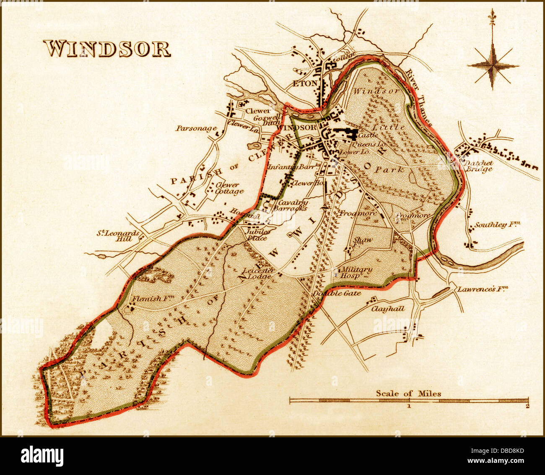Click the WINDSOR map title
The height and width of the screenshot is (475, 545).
coord(107,49)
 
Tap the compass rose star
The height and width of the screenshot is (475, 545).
coord(493,65)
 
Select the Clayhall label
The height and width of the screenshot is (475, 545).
coord(388,309)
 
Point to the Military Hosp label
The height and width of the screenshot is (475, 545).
coord(355,273)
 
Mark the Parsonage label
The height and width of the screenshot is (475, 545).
coord(196,128)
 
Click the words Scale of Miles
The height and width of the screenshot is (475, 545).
coord(408,393)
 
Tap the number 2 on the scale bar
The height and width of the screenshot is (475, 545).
coord(527,406)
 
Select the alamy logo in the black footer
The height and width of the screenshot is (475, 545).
coord(42,456)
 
